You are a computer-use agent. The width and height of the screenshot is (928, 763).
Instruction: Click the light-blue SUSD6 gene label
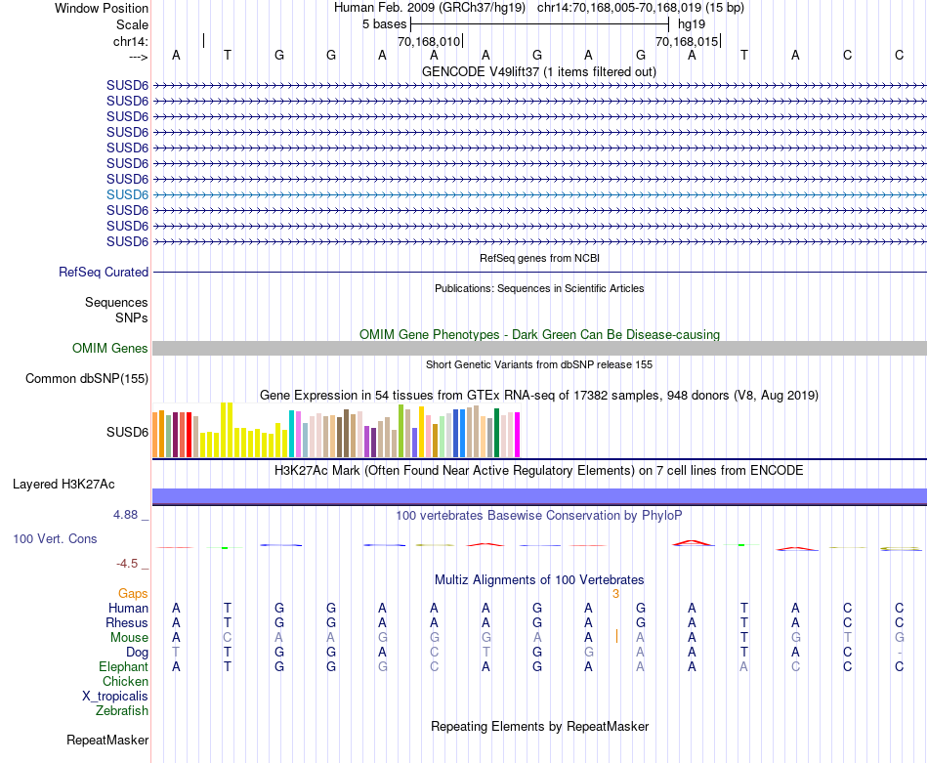tap(127, 194)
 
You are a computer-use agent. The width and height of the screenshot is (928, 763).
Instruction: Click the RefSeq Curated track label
tap(104, 273)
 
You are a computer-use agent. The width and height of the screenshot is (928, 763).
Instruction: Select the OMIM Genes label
tap(110, 349)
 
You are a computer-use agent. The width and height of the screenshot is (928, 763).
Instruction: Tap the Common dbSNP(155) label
tap(87, 379)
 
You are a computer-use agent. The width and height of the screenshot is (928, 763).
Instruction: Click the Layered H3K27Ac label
tap(63, 485)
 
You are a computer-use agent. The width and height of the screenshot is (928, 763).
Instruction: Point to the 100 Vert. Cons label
tap(55, 539)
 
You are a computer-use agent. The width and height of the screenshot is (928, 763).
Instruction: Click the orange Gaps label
tap(133, 594)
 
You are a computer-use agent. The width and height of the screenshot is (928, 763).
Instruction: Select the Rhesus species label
tap(128, 623)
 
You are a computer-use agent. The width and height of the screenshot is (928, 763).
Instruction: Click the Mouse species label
tap(130, 638)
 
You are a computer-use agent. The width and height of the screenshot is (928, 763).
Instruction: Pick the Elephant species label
tap(124, 667)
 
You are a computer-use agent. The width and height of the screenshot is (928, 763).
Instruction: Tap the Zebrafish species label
tap(122, 711)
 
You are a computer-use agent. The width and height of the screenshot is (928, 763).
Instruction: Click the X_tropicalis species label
tap(115, 697)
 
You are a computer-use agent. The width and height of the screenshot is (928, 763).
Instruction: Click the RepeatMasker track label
tap(107, 741)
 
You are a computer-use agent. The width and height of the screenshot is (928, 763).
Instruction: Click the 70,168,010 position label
tap(429, 42)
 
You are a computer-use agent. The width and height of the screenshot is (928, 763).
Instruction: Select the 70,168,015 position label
tap(687, 42)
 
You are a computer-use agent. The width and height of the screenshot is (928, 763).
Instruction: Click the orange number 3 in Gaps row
tap(615, 594)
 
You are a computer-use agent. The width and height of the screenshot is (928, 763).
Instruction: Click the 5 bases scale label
tap(384, 23)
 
